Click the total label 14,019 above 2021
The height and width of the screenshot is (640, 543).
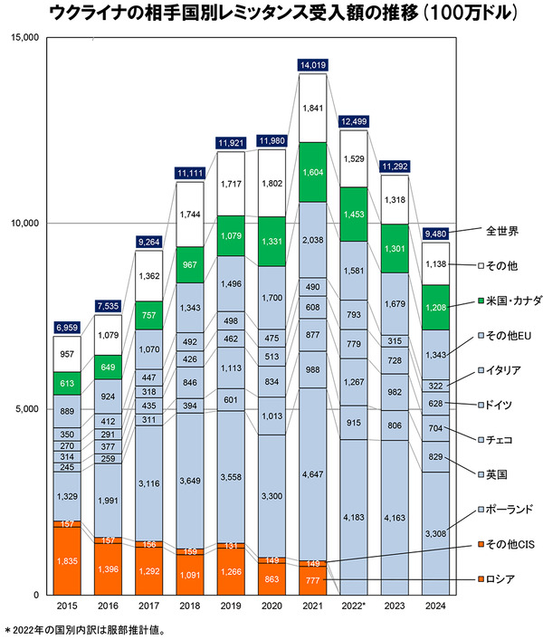click(311, 64)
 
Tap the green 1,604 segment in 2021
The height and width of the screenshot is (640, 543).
click(311, 172)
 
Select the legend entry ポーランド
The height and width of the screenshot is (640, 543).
click(507, 509)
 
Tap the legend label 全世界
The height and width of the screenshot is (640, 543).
click(501, 231)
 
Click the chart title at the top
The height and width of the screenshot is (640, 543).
click(271, 14)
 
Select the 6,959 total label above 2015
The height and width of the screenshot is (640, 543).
click(66, 325)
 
